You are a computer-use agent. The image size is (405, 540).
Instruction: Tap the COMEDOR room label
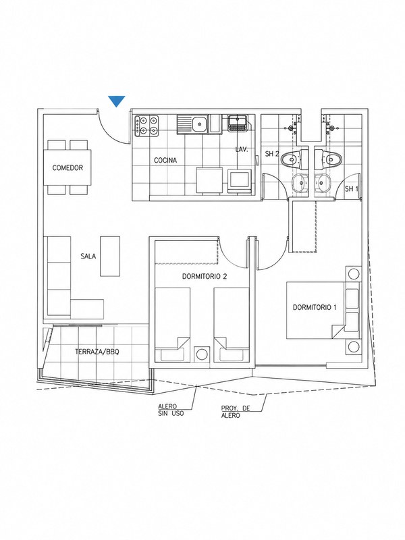(67, 168)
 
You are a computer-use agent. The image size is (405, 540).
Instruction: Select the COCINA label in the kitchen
(165, 160)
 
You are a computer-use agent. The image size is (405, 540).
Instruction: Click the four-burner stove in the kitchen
(147, 126)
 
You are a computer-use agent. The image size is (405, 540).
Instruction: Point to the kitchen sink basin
(198, 124)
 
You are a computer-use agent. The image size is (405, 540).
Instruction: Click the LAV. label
(242, 150)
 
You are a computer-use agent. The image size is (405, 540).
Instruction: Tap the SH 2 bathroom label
(272, 154)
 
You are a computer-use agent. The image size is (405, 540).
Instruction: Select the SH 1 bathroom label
(352, 189)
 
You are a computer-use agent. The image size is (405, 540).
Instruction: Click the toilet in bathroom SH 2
(292, 159)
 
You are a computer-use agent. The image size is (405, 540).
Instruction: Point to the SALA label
(88, 256)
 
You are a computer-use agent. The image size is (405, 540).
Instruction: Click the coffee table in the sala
(110, 256)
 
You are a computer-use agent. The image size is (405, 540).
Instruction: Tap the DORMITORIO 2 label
(205, 276)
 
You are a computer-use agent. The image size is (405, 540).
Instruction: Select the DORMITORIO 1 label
(314, 307)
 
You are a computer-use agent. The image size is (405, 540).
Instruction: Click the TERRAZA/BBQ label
(97, 352)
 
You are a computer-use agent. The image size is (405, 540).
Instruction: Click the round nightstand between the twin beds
(201, 354)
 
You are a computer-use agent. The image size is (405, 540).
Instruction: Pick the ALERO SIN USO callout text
(171, 410)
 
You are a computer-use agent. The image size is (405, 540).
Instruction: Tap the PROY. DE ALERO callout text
(235, 412)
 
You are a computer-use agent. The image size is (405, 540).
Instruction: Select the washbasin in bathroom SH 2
(301, 182)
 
